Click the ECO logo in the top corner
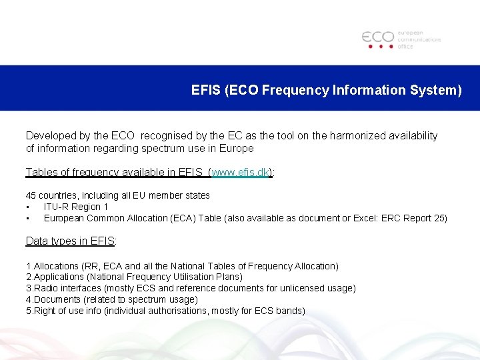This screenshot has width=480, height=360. [x=400, y=38]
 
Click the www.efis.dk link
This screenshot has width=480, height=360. [x=240, y=172]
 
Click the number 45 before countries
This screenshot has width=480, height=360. [x=31, y=195]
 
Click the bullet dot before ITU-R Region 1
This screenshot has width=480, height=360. [x=28, y=207]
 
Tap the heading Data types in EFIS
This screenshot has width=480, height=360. [x=70, y=241]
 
